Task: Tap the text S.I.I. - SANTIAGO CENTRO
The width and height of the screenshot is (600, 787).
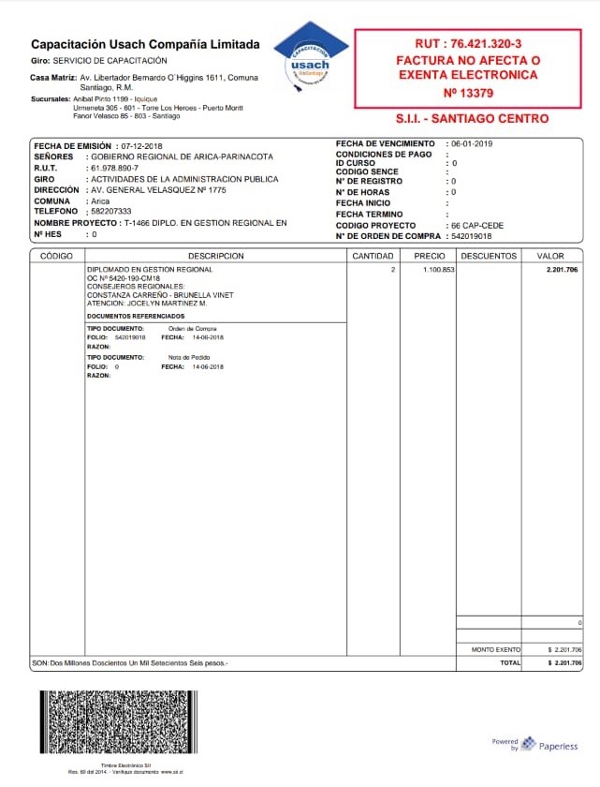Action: (473, 119)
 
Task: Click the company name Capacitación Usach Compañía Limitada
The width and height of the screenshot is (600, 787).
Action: (145, 44)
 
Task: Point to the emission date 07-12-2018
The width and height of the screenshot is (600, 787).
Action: (141, 147)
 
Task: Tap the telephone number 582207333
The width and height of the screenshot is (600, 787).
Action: (110, 212)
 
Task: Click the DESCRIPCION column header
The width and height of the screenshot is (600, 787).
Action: (215, 256)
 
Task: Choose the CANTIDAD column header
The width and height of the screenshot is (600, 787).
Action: (373, 256)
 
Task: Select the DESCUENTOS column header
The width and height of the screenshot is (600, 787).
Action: (489, 256)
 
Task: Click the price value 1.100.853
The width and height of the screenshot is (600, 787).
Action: (439, 270)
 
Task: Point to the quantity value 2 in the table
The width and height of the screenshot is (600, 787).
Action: (393, 270)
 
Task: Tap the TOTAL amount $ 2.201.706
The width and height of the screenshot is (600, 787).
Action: (564, 662)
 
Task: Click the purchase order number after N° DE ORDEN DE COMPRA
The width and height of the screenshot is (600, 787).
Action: (474, 236)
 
